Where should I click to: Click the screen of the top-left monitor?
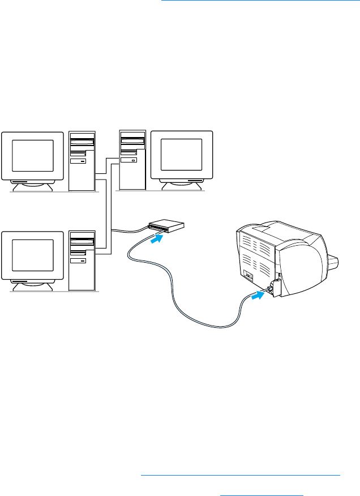coord(32,156)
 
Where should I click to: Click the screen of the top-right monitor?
coord(181,153)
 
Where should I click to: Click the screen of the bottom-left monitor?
coord(32,255)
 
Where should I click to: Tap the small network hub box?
coord(166,226)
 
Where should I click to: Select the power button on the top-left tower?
coord(83,161)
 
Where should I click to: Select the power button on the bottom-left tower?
coord(83,261)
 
